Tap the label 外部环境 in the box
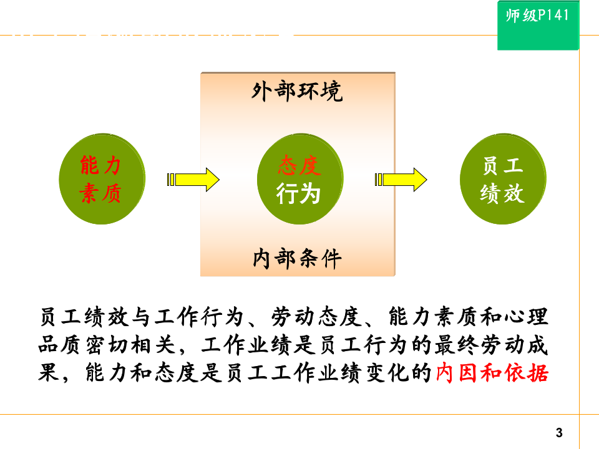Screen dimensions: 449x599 coord(297,92)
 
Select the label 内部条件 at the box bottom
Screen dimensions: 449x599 coord(297,258)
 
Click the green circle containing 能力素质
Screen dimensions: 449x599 coord(101,180)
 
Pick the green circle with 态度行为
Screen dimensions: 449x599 coord(299,180)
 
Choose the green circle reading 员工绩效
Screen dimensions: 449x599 coord(502,180)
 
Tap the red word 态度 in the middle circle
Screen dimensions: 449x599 coord(299,166)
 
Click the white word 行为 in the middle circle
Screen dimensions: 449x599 coord(298,195)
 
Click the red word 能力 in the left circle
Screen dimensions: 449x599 coord(100,166)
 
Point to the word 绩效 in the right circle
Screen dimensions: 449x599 coord(502,195)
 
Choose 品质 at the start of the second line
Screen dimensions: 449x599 coord(59,345)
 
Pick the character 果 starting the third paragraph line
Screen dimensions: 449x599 coord(47,373)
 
